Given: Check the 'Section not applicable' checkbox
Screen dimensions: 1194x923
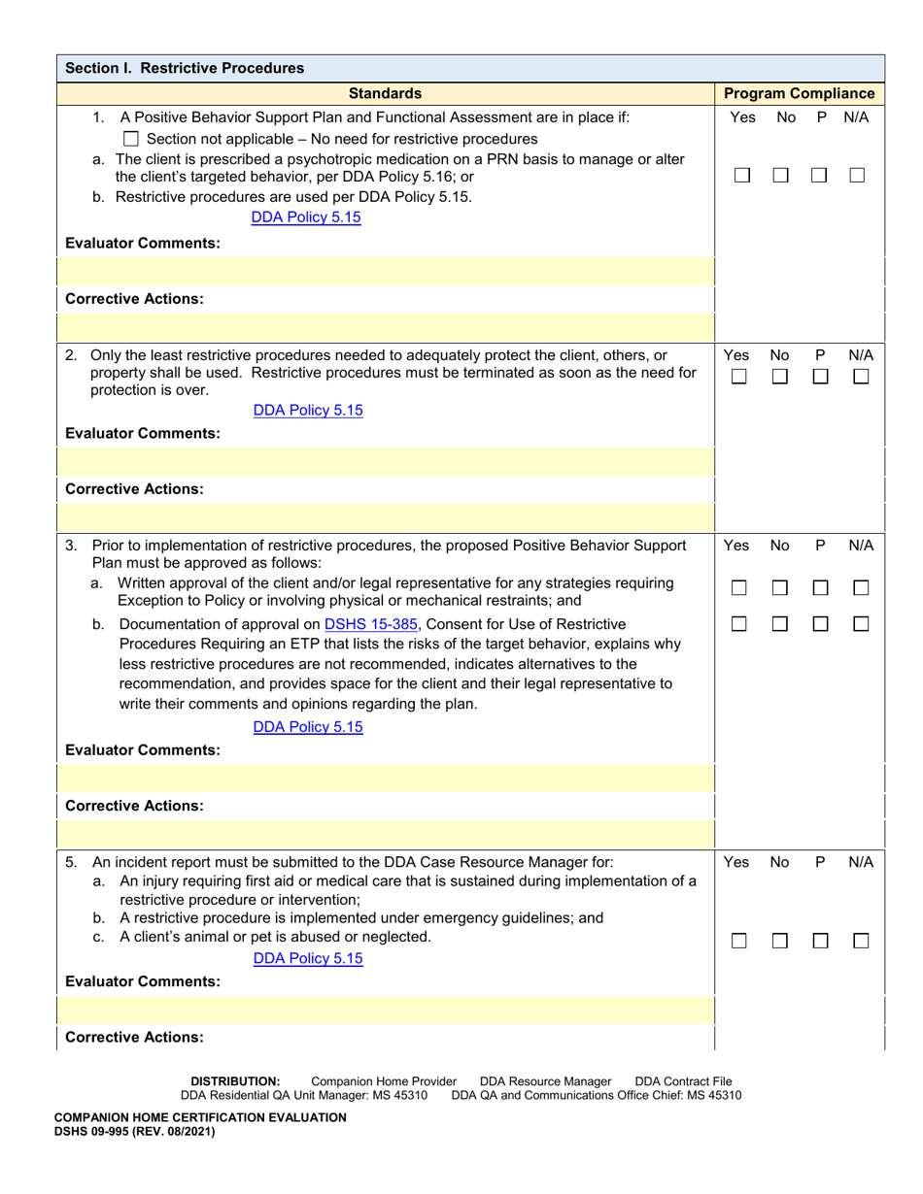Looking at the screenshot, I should tap(133, 139).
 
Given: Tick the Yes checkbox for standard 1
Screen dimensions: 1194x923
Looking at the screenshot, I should tap(741, 176).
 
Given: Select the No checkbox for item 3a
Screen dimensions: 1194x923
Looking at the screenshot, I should tap(780, 588).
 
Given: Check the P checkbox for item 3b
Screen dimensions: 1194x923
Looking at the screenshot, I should tap(820, 626).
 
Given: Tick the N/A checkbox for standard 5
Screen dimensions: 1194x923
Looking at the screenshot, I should tap(860, 941).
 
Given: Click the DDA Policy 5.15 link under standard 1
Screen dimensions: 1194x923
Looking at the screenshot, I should tap(305, 217).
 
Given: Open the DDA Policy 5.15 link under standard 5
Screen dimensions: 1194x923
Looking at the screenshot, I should tap(307, 958).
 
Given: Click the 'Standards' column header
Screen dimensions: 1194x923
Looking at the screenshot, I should tap(386, 93).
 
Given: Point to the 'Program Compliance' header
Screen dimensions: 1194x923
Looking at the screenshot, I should tap(799, 93).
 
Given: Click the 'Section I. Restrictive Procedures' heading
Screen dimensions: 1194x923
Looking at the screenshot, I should tap(184, 68).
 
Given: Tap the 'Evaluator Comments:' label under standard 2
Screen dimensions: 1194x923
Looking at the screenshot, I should tap(143, 434).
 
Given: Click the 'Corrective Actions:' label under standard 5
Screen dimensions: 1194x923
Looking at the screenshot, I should tap(134, 1037).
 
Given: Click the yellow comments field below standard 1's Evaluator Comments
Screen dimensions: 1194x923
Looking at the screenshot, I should tap(386, 271).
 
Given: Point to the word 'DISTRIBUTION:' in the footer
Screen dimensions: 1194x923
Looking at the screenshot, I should tap(235, 1080).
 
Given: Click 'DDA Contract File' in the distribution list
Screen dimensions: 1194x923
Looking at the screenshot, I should tap(683, 1080).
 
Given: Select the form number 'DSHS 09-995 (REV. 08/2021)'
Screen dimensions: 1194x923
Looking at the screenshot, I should tap(133, 1131).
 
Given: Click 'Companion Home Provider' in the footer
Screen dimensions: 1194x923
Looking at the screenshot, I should tap(383, 1080).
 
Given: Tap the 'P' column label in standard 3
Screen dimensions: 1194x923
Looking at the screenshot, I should tap(820, 546).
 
